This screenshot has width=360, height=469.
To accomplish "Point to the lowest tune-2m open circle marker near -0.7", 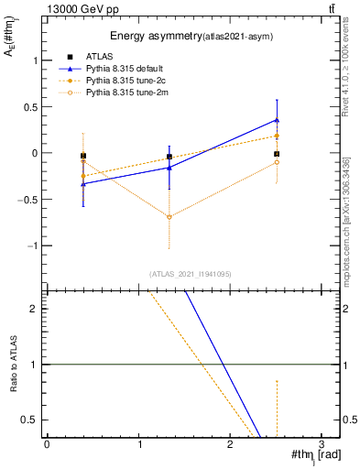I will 169,217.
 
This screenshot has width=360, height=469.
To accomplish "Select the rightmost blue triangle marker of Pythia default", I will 277,120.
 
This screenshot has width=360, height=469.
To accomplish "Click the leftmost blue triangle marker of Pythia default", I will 83,184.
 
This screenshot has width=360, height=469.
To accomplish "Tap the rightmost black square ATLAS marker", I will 277,154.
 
